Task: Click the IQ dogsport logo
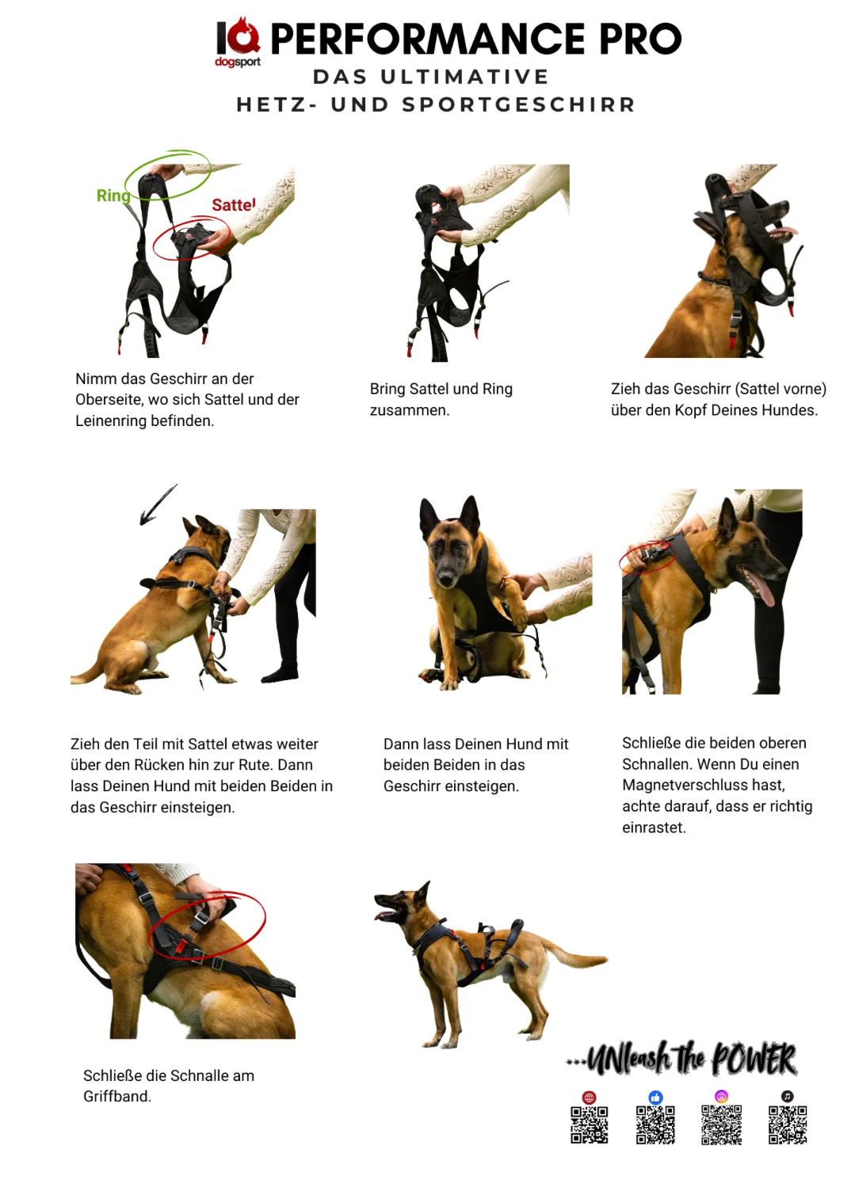(238, 42)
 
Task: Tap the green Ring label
(113, 196)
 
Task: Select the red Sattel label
(234, 204)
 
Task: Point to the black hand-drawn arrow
(158, 504)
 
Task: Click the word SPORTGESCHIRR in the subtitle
(518, 105)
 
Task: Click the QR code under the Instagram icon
(721, 1124)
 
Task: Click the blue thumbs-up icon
(655, 1097)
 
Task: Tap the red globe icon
(589, 1098)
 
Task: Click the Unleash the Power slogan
(682, 1059)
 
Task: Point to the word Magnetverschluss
(704, 785)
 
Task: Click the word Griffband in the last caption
(116, 1096)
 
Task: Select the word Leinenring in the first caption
(110, 420)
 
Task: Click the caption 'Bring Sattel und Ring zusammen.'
(441, 399)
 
